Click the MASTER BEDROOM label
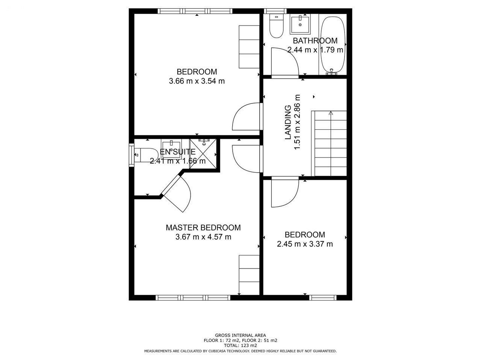tap(203, 228)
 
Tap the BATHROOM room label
tap(315, 41)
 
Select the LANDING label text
tap(288, 122)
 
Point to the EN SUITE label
tap(177, 152)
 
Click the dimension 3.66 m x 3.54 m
tap(197, 81)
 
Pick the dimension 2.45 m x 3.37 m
tap(305, 244)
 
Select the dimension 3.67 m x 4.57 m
tap(203, 237)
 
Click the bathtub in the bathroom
tap(333, 45)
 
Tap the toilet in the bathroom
tap(276, 26)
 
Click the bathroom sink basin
tap(300, 24)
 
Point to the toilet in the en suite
tap(146, 155)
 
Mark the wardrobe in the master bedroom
tap(249, 275)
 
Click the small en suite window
tap(131, 155)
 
